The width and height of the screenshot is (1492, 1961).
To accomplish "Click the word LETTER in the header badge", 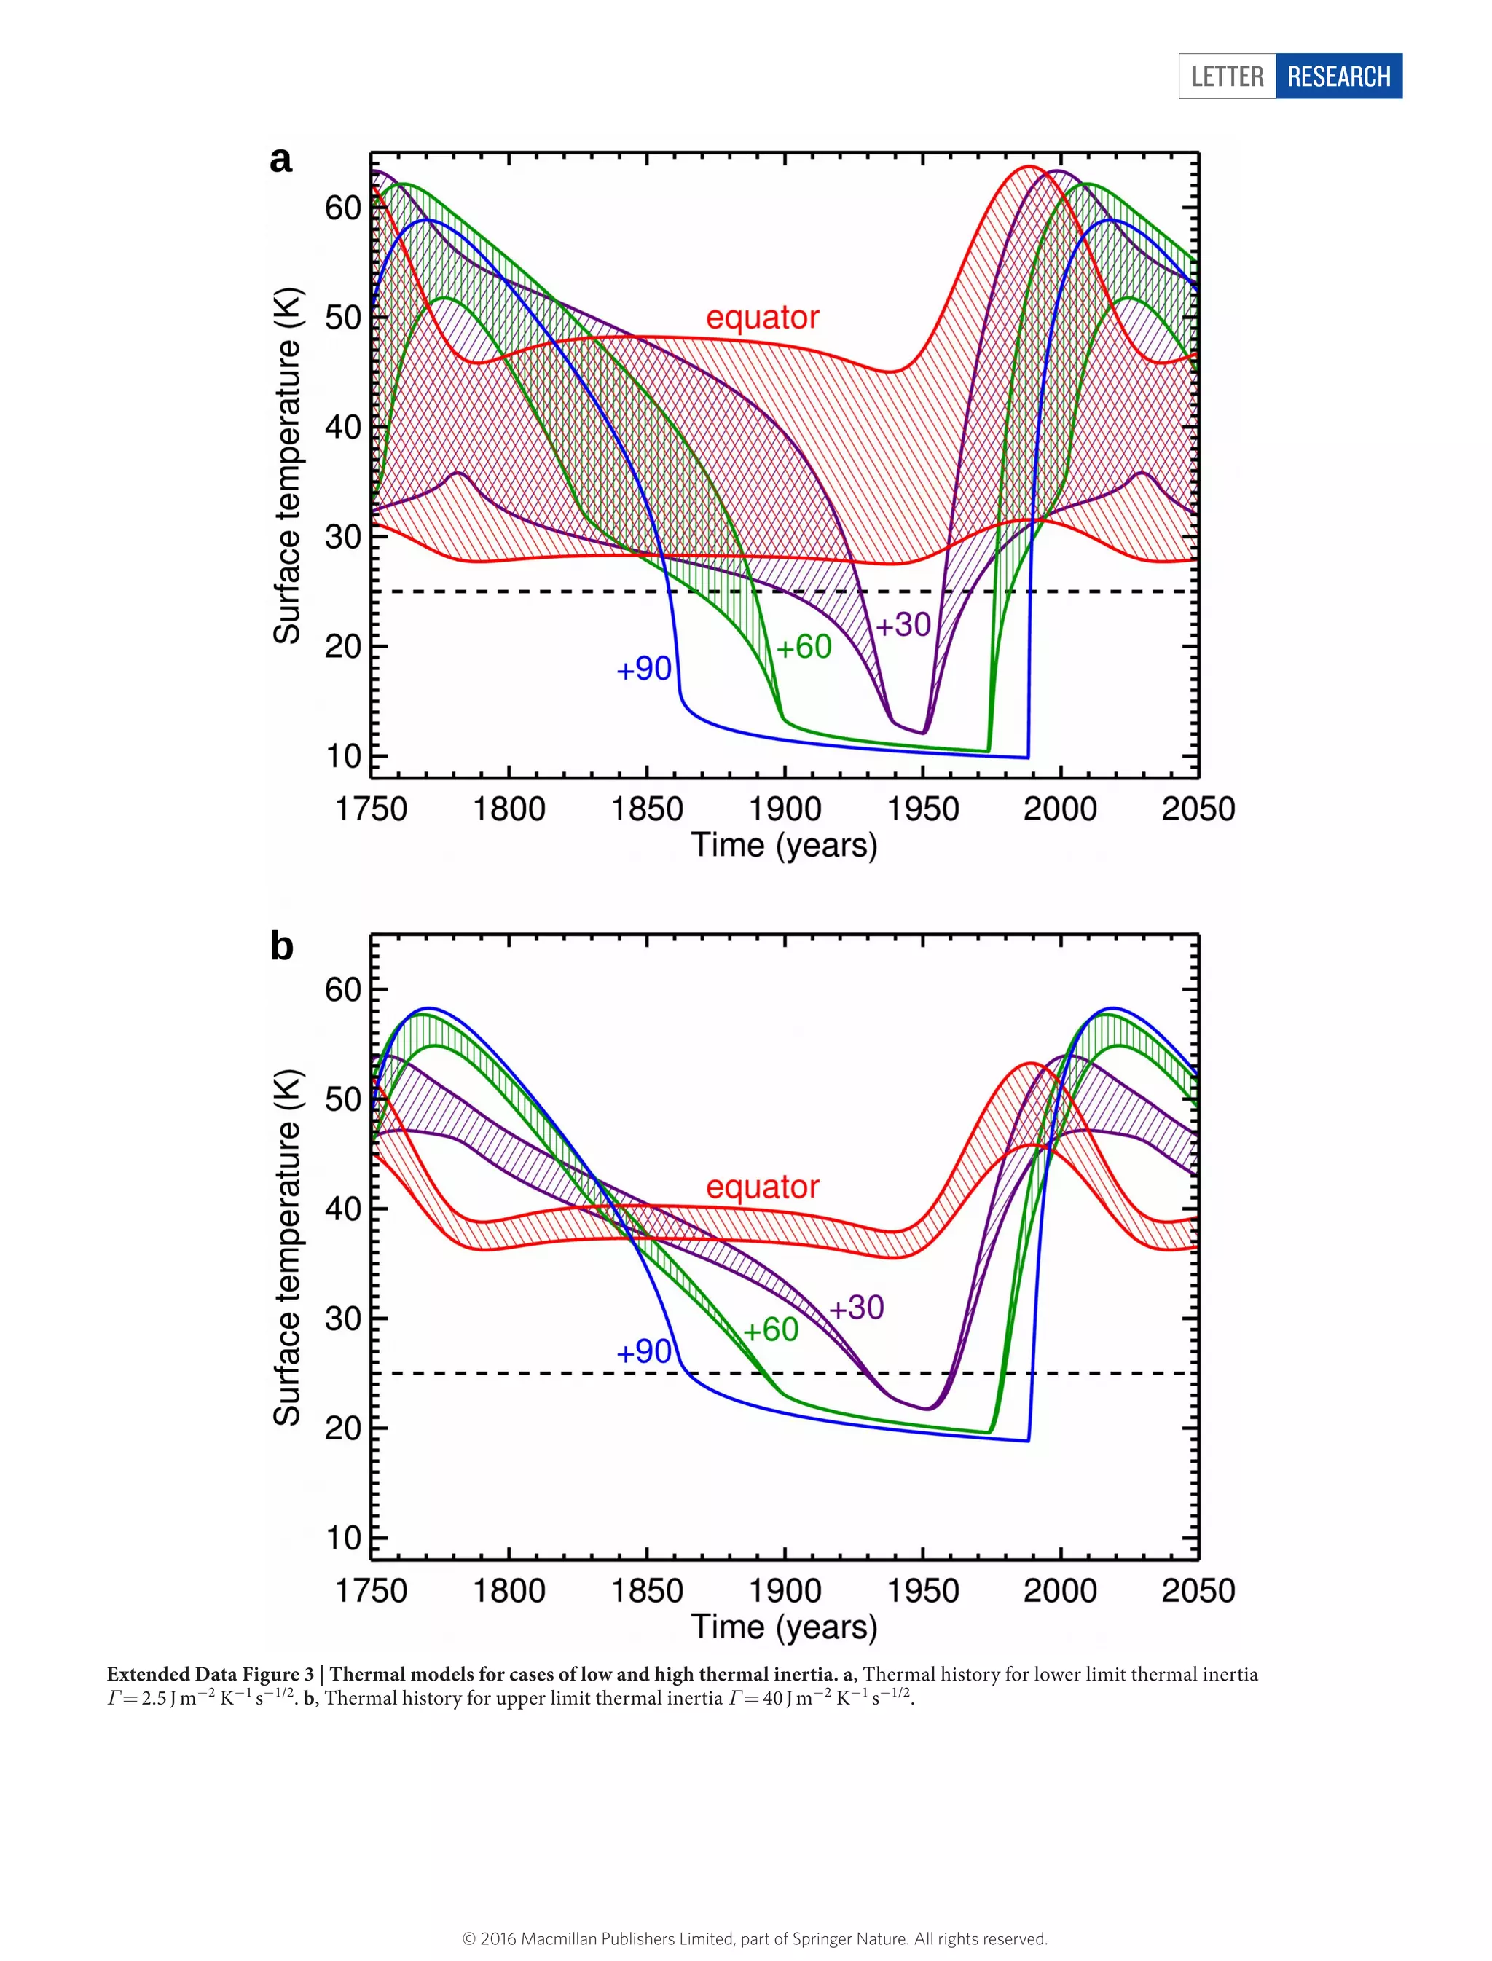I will tap(1228, 76).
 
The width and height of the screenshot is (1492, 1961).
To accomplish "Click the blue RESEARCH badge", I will tap(1338, 76).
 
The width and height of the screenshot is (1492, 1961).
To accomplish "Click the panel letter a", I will tap(280, 160).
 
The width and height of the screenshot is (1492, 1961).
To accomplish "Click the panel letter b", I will tap(281, 947).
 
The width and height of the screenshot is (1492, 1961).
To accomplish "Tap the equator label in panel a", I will tap(762, 317).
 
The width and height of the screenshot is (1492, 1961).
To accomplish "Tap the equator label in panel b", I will tap(762, 1187).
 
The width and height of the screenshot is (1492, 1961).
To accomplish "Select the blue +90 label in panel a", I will tap(644, 669).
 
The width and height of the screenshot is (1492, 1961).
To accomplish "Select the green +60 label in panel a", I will tap(804, 647).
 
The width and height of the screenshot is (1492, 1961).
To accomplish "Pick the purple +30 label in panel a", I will tap(903, 624).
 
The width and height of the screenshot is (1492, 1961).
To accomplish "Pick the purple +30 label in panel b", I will tap(856, 1308).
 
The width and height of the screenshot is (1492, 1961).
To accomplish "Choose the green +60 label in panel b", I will tap(770, 1329).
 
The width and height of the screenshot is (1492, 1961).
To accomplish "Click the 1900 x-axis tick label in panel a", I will tap(785, 809).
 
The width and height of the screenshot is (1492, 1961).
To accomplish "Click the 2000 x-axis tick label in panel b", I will tap(1061, 1591).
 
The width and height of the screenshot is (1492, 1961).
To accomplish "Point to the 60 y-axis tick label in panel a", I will tap(344, 209).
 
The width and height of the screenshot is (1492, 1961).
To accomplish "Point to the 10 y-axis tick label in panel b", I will tap(344, 1538).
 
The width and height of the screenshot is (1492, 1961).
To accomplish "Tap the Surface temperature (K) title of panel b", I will tap(288, 1247).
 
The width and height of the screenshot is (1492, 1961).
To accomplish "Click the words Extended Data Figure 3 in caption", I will tap(211, 1675).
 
